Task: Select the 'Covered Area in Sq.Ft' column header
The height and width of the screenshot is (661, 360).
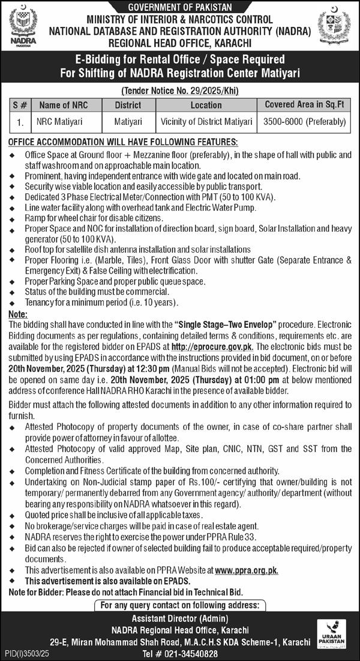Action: [305, 104]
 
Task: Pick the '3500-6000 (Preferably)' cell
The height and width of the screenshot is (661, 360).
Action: [305, 121]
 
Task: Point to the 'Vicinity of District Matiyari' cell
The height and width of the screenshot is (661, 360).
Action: [206, 121]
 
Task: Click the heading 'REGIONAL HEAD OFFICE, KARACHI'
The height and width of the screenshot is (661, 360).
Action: [179, 43]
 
